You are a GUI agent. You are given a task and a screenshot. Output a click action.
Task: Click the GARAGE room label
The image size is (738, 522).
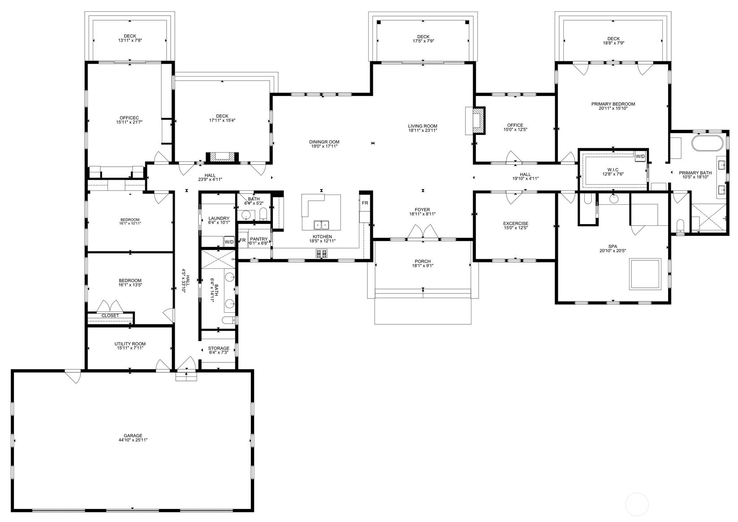point(133,435)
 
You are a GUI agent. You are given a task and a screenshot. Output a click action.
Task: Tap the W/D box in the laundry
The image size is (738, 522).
point(229,242)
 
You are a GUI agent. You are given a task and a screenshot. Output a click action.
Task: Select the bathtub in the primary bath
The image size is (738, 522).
point(707,144)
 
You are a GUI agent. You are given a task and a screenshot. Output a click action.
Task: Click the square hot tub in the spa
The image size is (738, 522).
point(645,273)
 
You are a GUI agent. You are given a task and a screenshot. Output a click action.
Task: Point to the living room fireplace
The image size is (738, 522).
point(479,120)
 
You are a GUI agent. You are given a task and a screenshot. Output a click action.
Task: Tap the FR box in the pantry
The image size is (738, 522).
point(242,240)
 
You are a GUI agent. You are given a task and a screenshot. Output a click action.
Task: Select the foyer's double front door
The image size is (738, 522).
point(423,232)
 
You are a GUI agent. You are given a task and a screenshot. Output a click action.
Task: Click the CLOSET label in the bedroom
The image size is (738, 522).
point(110,315)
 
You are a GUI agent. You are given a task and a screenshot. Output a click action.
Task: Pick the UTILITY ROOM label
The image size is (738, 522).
point(130,344)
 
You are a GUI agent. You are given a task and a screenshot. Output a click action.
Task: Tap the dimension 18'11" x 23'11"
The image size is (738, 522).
point(423,131)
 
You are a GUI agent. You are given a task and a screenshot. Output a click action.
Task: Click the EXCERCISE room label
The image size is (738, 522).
point(515,223)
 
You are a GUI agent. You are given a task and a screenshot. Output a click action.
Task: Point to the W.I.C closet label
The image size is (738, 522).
point(613,169)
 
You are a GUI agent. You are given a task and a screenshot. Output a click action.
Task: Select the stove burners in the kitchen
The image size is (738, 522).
point(322,254)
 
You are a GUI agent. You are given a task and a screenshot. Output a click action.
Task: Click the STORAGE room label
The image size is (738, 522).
point(219,348)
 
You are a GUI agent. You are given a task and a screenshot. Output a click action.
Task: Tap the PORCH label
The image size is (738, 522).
point(423,261)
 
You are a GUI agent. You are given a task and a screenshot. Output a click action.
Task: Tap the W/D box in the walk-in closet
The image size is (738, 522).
point(640,156)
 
